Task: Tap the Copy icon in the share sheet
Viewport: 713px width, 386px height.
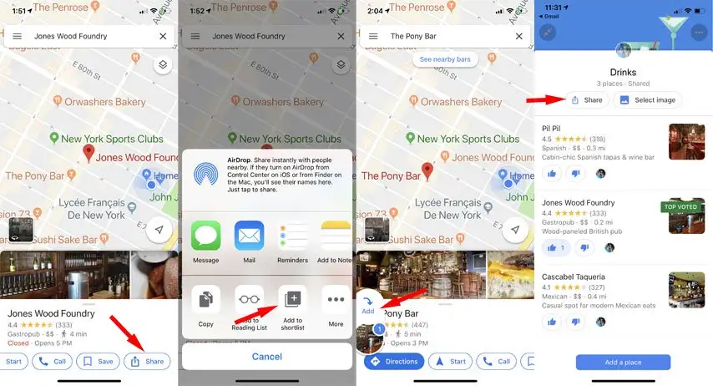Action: point(205,301)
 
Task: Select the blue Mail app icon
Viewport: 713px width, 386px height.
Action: point(249,236)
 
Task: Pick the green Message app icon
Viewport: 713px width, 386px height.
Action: point(205,236)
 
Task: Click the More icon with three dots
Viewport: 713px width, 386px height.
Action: point(336,301)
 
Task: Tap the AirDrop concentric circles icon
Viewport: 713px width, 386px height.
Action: point(205,172)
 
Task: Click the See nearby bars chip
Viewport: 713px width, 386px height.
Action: point(445,60)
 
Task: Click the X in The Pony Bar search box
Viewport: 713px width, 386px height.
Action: point(518,37)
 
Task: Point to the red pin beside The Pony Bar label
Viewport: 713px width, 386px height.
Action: point(428,171)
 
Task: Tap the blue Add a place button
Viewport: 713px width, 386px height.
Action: point(623,362)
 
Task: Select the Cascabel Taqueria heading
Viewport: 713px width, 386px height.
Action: point(574,277)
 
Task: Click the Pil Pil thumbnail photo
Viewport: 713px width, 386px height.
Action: point(686,141)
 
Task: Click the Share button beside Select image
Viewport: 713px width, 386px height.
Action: point(586,100)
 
